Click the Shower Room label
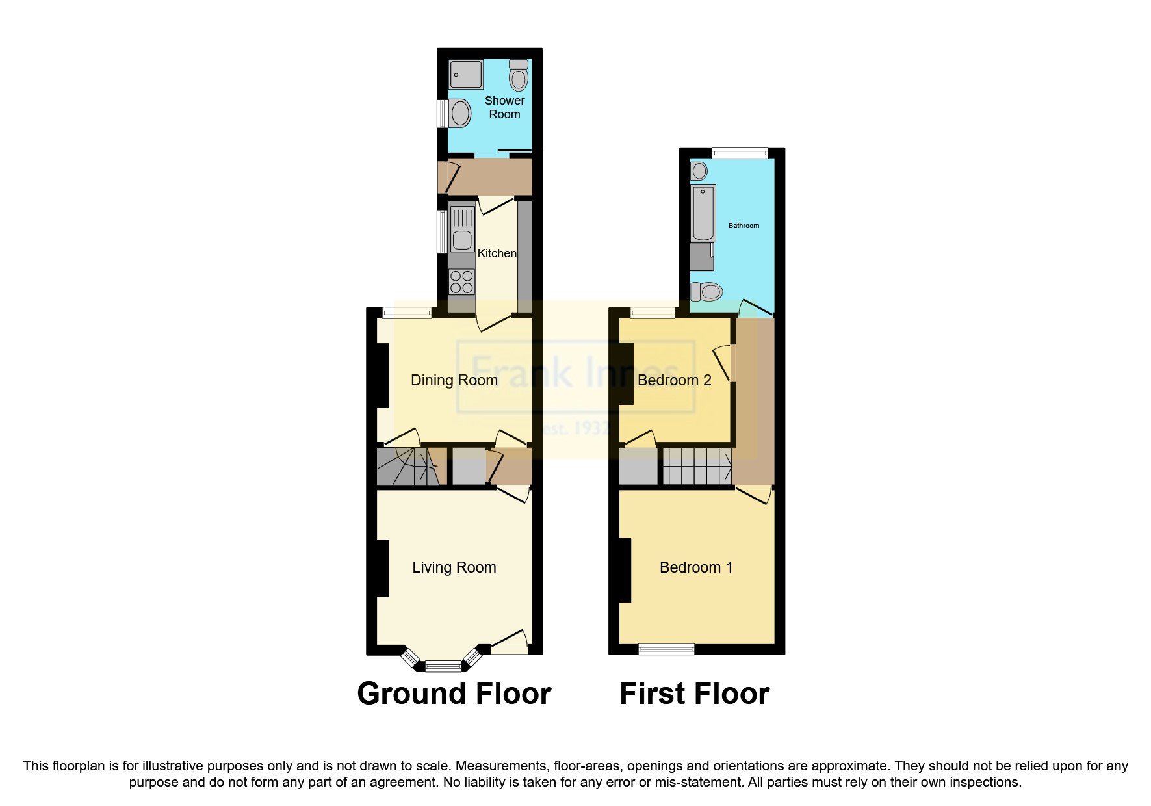pos(504,107)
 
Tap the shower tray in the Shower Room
pos(467,75)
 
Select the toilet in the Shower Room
pos(519,76)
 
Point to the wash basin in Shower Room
pos(459,114)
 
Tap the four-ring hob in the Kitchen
pos(461,282)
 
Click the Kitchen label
pos(497,253)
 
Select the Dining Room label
pos(454,380)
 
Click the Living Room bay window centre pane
pos(443,666)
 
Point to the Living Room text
pos(454,567)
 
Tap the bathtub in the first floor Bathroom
pos(703,213)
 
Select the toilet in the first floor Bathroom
pos(706,292)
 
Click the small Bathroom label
pos(744,226)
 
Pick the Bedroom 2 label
pos(674,380)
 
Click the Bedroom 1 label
pos(695,567)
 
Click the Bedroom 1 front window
pos(666,649)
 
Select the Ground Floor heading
pos(454,694)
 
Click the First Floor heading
pos(694,694)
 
